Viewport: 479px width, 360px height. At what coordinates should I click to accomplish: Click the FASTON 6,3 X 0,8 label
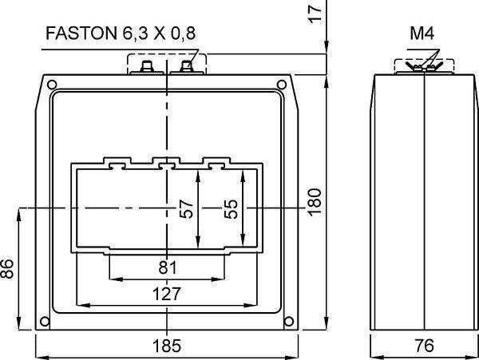click(x=121, y=34)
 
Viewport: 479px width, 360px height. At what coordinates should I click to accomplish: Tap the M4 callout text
click(x=422, y=34)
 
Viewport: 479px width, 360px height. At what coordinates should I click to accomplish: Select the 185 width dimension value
click(x=167, y=346)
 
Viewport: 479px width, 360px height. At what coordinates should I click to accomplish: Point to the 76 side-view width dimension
click(x=425, y=346)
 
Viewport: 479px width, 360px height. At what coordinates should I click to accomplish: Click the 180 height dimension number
click(x=315, y=203)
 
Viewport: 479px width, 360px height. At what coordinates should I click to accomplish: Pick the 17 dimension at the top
click(x=315, y=14)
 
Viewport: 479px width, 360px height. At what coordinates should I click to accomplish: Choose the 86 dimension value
click(x=6, y=269)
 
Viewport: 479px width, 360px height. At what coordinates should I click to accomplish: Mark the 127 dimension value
click(x=167, y=294)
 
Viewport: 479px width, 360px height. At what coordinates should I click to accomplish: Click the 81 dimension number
click(x=168, y=267)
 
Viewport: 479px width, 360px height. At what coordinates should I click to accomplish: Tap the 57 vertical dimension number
click(x=186, y=209)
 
